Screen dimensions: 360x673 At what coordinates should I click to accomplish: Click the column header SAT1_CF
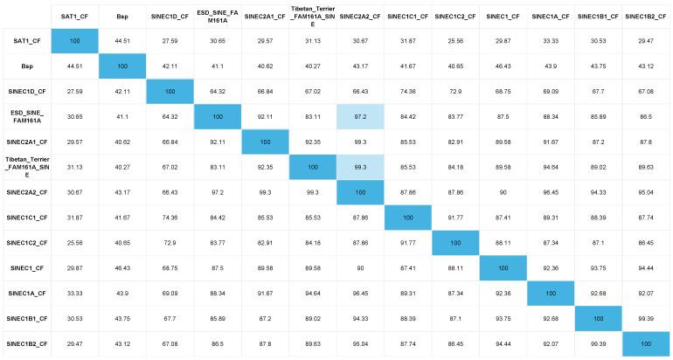75,15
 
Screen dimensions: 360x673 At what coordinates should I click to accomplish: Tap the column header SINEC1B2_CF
648,15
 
